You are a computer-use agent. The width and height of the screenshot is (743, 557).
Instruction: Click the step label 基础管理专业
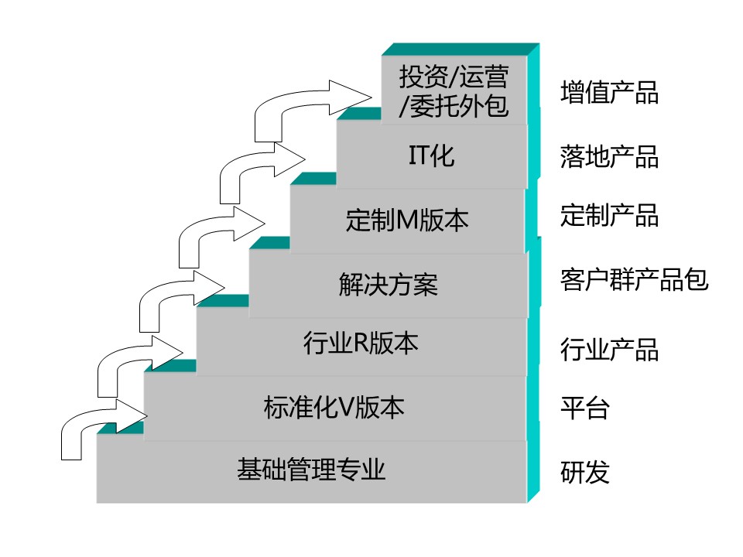(x=311, y=470)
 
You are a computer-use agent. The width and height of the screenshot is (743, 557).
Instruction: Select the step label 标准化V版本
(x=334, y=407)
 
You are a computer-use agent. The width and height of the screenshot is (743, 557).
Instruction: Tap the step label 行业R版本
(x=360, y=343)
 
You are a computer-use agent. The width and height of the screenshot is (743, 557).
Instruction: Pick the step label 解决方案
(x=388, y=285)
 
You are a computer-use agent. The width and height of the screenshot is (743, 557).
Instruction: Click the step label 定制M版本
(x=407, y=221)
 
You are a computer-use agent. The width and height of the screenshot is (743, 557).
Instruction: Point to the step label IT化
(x=431, y=156)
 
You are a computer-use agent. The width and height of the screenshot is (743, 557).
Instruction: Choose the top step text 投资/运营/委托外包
(x=454, y=92)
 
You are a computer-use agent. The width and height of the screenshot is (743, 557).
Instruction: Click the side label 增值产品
(x=609, y=93)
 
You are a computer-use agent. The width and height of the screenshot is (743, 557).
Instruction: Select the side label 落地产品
(x=609, y=157)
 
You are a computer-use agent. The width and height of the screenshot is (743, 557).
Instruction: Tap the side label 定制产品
(x=609, y=215)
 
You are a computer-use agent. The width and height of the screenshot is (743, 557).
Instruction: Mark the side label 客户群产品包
(x=634, y=279)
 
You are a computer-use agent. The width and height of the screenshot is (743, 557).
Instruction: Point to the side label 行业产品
(x=609, y=350)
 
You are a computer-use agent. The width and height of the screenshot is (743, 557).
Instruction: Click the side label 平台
(x=584, y=408)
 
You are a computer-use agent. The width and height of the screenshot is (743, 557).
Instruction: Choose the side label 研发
(x=584, y=472)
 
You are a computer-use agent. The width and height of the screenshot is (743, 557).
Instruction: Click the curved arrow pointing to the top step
(x=310, y=101)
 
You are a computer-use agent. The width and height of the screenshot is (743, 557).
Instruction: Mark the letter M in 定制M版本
(x=407, y=222)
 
